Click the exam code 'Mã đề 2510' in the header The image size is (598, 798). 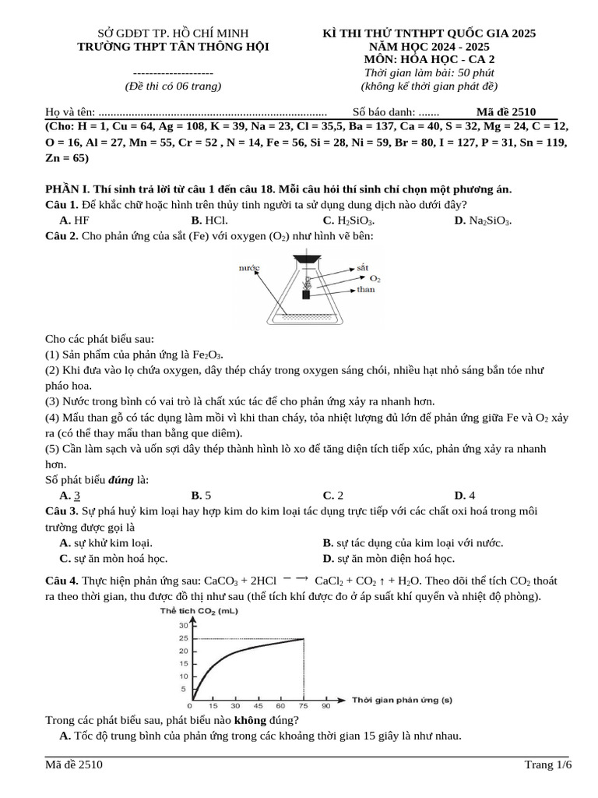tap(506, 111)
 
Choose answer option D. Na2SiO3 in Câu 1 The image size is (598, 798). tap(482, 221)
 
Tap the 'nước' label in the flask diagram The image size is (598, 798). tap(248, 267)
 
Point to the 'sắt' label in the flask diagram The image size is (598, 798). tap(361, 267)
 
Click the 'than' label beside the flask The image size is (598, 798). tap(365, 289)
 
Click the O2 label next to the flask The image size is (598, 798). tap(375, 278)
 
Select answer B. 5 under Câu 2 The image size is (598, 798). tap(201, 495)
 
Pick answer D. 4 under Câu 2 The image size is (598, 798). tap(465, 495)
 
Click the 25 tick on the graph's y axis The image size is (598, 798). tap(183, 638)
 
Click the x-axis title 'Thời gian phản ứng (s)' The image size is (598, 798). tap(402, 700)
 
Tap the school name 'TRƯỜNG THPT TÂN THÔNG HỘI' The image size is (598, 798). tap(173, 46)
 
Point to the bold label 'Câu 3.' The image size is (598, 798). tap(62, 510)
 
